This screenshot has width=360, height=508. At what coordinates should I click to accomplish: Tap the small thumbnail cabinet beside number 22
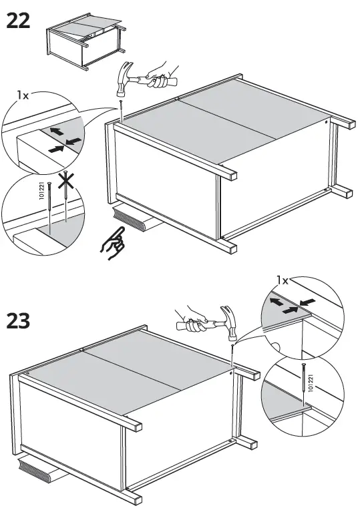[84, 43]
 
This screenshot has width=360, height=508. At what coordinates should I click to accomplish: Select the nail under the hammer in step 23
[232, 350]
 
